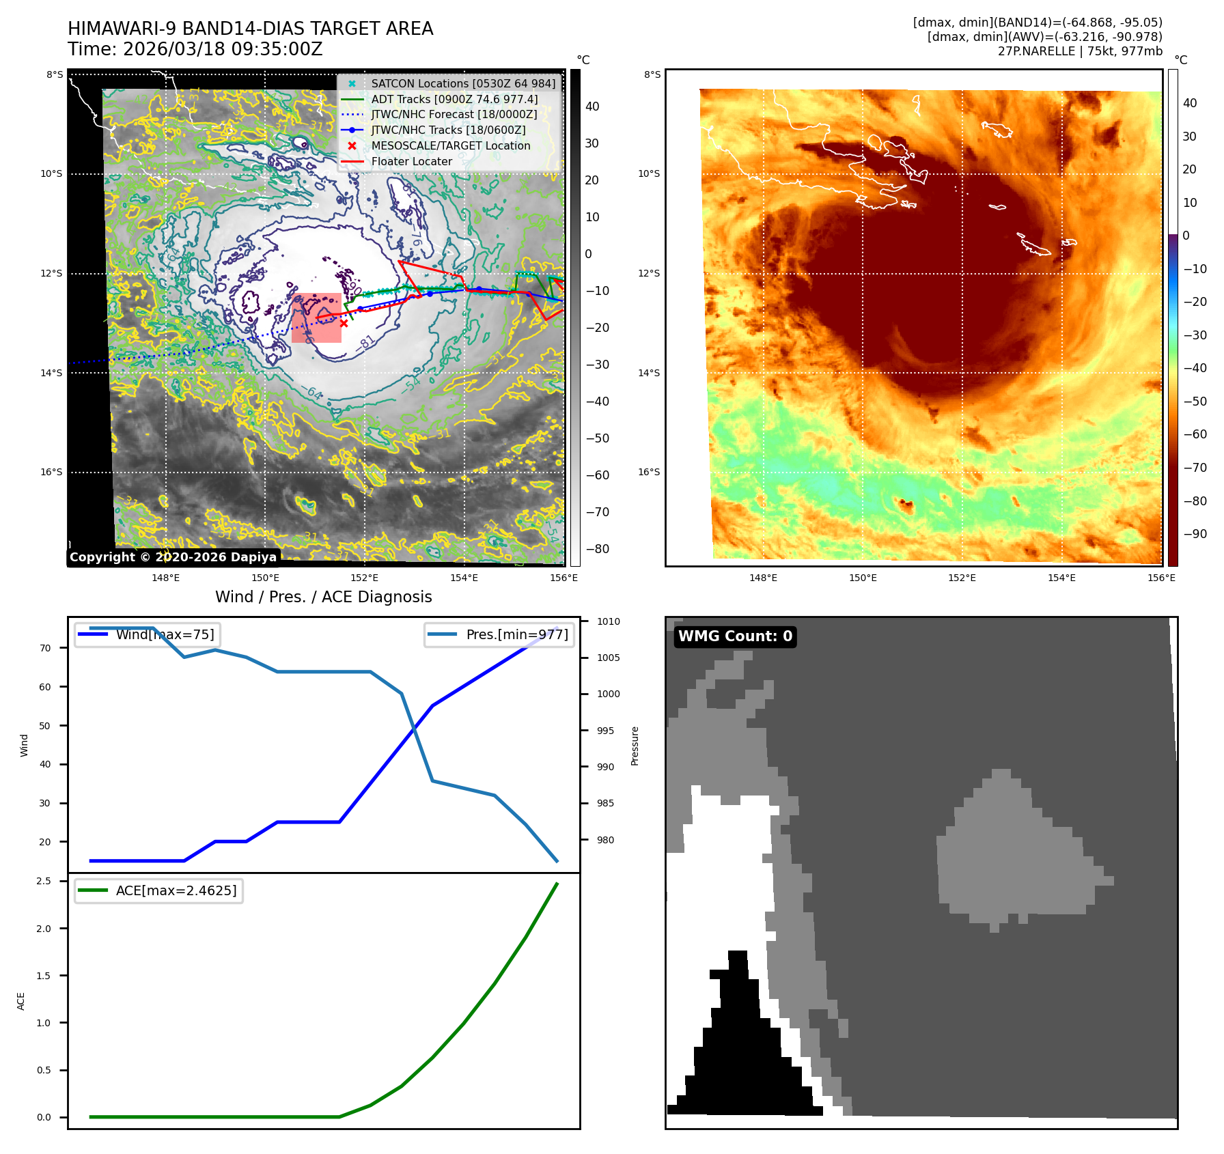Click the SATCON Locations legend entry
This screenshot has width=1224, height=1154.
pyautogui.click(x=463, y=83)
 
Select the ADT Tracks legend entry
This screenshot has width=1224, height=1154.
pyautogui.click(x=454, y=99)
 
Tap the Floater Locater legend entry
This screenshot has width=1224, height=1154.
pyautogui.click(x=411, y=161)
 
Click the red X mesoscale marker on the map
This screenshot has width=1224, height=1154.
pyautogui.click(x=344, y=324)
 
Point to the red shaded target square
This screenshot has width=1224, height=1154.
pyautogui.click(x=316, y=318)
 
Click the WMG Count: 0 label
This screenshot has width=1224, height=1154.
pyautogui.click(x=735, y=636)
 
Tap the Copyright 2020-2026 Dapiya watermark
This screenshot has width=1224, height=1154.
pyautogui.click(x=173, y=557)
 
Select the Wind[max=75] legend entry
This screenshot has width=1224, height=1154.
pyautogui.click(x=165, y=634)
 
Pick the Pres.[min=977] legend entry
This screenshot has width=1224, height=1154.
pyautogui.click(x=516, y=634)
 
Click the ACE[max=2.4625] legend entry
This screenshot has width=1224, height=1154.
pyautogui.click(x=176, y=890)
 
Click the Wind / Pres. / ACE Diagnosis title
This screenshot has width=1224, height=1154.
pyautogui.click(x=324, y=597)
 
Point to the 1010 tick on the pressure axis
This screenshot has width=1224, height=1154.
pyautogui.click(x=608, y=621)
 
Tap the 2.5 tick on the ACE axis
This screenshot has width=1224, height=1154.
pyautogui.click(x=44, y=881)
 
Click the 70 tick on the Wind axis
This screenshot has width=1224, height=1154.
pyautogui.click(x=45, y=648)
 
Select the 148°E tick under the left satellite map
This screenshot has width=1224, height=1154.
pyautogui.click(x=166, y=578)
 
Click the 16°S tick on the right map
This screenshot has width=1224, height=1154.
pyautogui.click(x=649, y=472)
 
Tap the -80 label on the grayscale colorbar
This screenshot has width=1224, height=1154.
pyautogui.click(x=597, y=549)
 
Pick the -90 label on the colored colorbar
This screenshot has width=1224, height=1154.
pyautogui.click(x=1195, y=534)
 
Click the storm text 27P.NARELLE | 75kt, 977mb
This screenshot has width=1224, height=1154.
pyautogui.click(x=1079, y=51)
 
